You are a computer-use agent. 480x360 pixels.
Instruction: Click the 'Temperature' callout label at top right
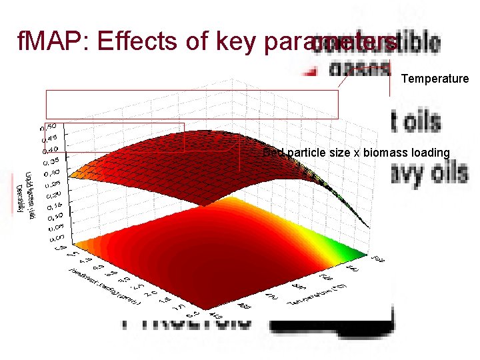(435, 79)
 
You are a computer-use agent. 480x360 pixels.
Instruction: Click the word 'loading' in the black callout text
(430, 153)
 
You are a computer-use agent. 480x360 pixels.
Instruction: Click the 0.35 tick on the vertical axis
(52, 161)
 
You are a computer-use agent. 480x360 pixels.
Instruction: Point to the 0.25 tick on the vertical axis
(52, 183)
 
